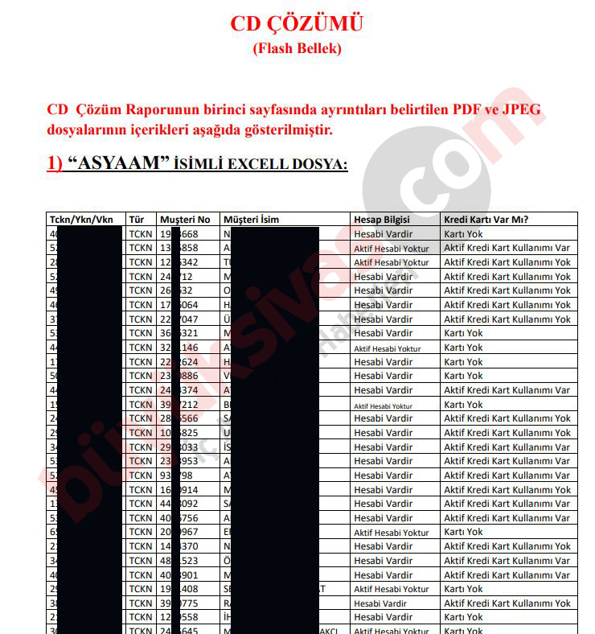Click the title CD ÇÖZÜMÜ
point(297,23)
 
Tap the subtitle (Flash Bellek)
point(297,48)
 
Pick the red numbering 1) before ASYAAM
point(55,163)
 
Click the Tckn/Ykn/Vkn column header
point(81,219)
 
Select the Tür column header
point(137,219)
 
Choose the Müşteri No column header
point(185,219)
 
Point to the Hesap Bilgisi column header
point(382,219)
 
